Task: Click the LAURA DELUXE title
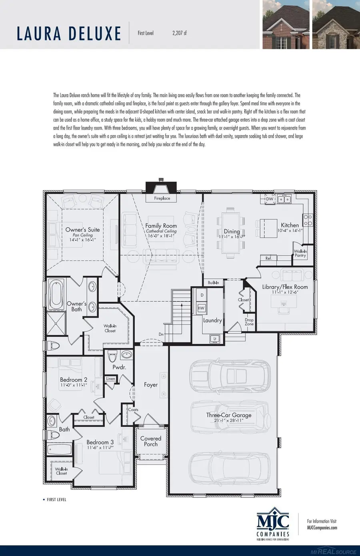tap(68, 33)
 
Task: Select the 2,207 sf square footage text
tap(179, 33)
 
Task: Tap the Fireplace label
tap(162, 198)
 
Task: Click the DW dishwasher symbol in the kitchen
tap(269, 199)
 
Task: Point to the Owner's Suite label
tap(82, 230)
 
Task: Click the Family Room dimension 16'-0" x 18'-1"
tap(161, 236)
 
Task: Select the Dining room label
tap(232, 231)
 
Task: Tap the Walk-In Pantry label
tap(300, 253)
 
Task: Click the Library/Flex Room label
tap(285, 287)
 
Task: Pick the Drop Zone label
tap(249, 322)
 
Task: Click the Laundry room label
tap(212, 320)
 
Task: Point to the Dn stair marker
tap(161, 334)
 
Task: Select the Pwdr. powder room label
tap(119, 367)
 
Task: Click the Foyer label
tap(151, 385)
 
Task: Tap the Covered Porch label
tap(151, 441)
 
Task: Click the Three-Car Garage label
tap(229, 415)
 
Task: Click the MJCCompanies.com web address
tap(322, 527)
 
